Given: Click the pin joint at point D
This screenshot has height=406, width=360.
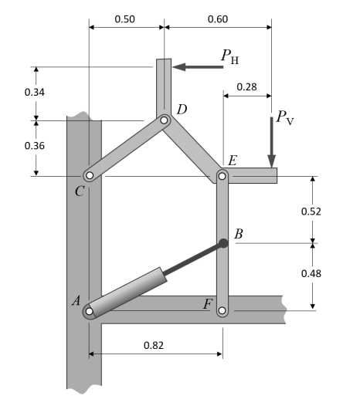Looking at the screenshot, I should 165,120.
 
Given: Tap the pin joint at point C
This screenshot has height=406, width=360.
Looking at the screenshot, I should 90,176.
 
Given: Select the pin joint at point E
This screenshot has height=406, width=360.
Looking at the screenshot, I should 222,176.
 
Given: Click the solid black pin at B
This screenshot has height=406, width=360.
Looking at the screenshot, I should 222,243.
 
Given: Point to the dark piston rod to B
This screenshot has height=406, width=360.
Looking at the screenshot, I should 193,259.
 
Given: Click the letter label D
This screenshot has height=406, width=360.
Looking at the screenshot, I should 182,110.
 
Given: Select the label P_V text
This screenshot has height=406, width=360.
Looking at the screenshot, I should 285,120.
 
